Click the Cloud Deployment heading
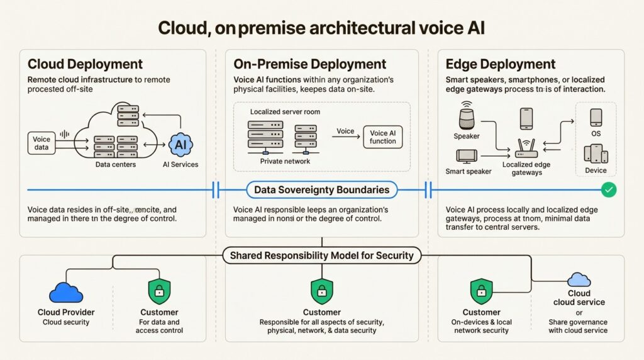pos(85,64)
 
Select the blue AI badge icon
pos(180,145)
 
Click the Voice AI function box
pos(383,137)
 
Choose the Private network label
pos(285,162)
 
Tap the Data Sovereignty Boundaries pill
pos(321,189)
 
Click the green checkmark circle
pos(608,189)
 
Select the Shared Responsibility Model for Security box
pos(321,256)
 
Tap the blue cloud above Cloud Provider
pos(66,292)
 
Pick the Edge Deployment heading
pos(500,64)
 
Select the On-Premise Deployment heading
pos(309,64)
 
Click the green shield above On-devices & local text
pos(482,291)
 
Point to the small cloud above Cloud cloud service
pos(579,279)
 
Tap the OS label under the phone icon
pos(596,134)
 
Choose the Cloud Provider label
pos(66,312)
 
